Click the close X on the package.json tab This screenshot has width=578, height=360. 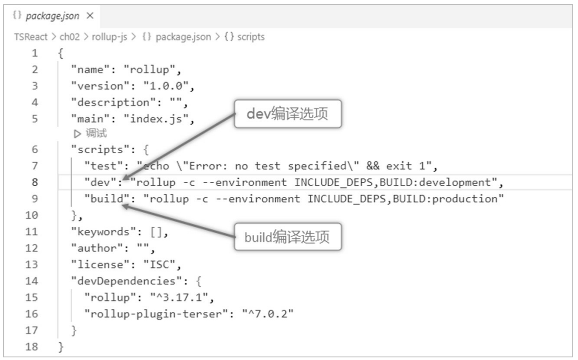[90, 16]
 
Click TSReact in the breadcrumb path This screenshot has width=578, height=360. [31, 37]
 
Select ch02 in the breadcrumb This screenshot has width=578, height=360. [70, 37]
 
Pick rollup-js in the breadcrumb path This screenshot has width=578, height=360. [110, 37]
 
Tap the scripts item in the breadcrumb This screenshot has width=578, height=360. [251, 37]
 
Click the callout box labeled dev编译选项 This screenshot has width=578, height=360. [288, 114]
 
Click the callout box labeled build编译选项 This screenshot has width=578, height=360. [288, 237]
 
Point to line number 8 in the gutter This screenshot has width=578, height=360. [35, 182]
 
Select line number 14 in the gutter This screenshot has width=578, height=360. [32, 281]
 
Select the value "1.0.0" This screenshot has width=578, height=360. [166, 86]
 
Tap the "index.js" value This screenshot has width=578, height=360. [156, 119]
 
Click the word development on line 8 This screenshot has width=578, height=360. [455, 182]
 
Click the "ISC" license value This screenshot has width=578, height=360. [159, 265]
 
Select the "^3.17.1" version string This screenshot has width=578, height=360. [179, 297]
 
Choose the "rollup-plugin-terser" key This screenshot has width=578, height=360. [156, 314]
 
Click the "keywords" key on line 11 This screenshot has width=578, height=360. [103, 232]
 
